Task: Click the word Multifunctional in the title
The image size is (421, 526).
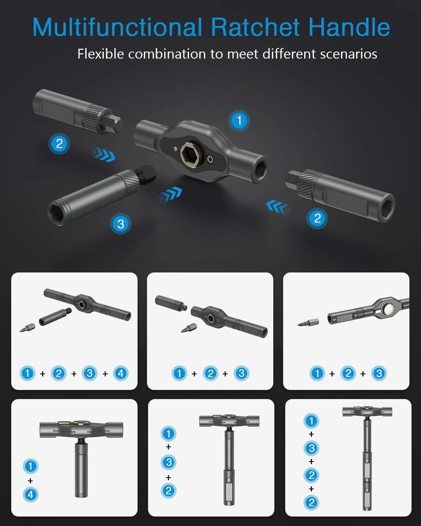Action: click(x=118, y=27)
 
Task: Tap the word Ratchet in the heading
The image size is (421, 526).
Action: click(x=255, y=27)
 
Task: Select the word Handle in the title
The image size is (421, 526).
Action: click(x=349, y=27)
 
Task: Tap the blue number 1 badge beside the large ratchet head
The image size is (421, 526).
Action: click(x=239, y=121)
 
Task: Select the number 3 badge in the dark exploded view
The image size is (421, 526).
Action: click(x=121, y=224)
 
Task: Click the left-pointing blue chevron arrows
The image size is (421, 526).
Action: click(x=278, y=207)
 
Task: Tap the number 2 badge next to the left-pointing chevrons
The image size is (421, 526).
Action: click(x=317, y=218)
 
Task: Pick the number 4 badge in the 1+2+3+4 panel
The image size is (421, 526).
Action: click(x=121, y=373)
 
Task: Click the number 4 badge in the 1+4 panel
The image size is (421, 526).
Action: click(x=31, y=494)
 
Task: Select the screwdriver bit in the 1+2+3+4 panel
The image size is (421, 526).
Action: click(x=27, y=328)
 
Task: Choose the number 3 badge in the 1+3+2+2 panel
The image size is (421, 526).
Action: click(x=311, y=448)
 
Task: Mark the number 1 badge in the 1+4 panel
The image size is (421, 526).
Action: click(x=31, y=466)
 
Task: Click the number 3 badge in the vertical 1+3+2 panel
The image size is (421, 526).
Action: click(x=168, y=462)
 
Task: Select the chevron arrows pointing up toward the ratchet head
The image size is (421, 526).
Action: click(x=171, y=194)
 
